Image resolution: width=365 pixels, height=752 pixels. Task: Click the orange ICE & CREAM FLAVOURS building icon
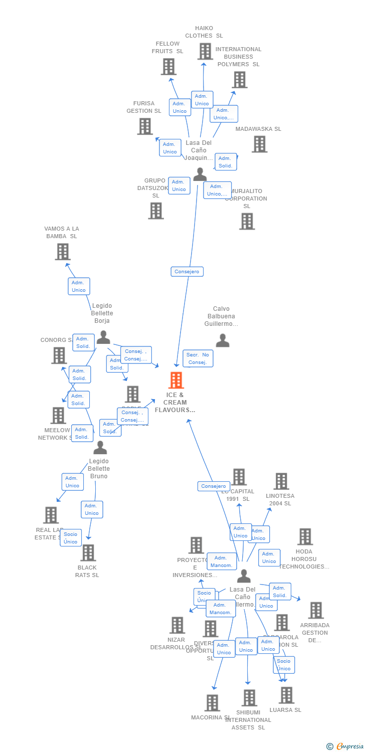[176, 381]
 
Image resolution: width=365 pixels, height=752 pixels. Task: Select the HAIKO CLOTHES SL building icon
[205, 51]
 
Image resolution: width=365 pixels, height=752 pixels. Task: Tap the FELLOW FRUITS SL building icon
[168, 66]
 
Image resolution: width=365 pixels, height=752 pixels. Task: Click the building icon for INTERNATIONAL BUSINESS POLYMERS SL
[239, 79]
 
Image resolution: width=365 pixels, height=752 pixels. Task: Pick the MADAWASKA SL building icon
[259, 144]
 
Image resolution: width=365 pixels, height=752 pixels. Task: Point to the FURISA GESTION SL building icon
[145, 126]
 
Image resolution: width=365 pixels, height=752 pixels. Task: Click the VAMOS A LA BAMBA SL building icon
[63, 252]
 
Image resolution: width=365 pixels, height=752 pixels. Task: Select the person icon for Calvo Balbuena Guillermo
[223, 340]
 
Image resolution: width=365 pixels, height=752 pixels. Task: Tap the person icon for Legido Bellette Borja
[103, 337]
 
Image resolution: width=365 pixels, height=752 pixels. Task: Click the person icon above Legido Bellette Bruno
[100, 447]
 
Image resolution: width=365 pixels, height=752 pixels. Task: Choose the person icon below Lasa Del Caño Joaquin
[200, 174]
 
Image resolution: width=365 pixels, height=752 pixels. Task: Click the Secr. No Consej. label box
[198, 358]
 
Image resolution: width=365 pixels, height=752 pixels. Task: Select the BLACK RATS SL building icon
[88, 552]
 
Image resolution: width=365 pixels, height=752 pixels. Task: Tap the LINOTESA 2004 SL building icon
[281, 481]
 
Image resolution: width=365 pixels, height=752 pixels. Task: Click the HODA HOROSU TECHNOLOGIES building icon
[305, 536]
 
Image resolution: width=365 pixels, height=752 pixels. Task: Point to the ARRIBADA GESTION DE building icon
[315, 610]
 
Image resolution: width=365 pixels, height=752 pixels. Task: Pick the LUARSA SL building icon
[286, 695]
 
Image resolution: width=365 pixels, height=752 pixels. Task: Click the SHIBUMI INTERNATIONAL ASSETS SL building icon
[249, 697]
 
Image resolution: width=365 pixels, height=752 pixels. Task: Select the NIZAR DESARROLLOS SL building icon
[177, 625]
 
